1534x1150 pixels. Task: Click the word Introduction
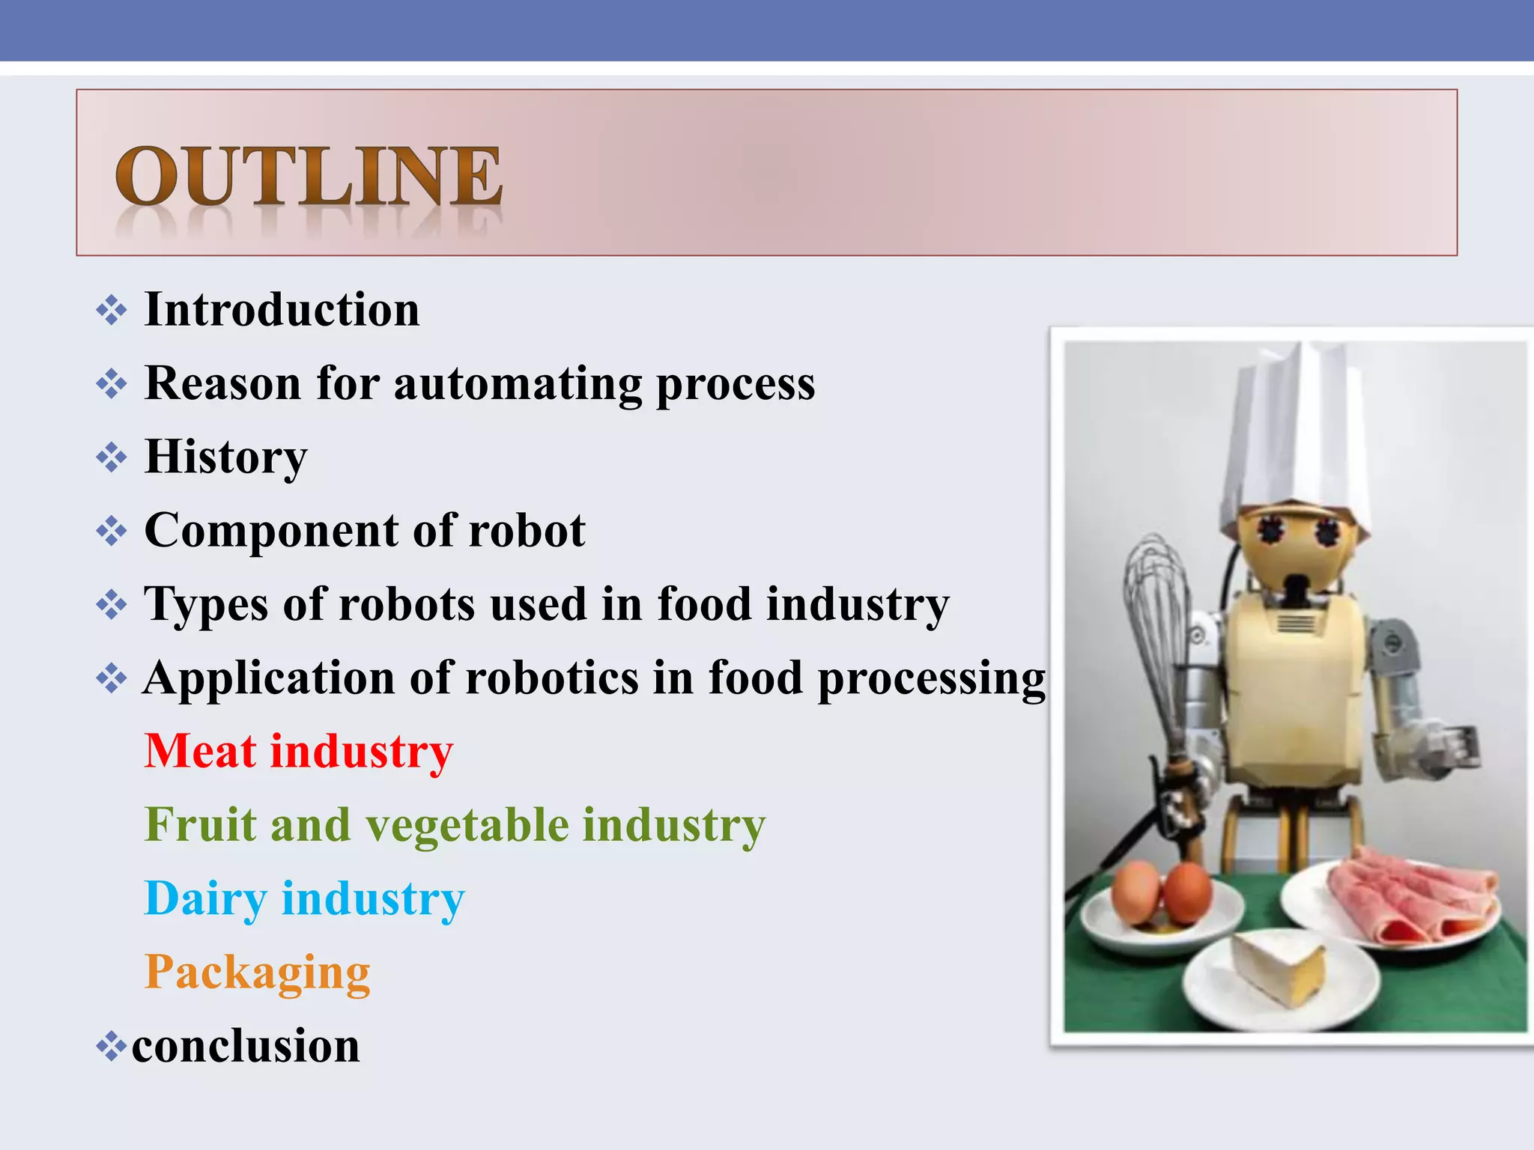tap(282, 309)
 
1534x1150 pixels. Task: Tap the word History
tap(225, 457)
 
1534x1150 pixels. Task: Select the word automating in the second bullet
tap(518, 384)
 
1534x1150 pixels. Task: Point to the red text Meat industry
tap(298, 751)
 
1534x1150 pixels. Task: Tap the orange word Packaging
tap(257, 972)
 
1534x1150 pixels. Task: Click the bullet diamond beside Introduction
tap(112, 310)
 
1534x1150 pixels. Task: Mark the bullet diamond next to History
tap(112, 457)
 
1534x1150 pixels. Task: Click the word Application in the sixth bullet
tap(269, 678)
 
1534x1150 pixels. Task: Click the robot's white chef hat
tap(1294, 434)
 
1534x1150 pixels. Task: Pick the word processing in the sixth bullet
tap(931, 678)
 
